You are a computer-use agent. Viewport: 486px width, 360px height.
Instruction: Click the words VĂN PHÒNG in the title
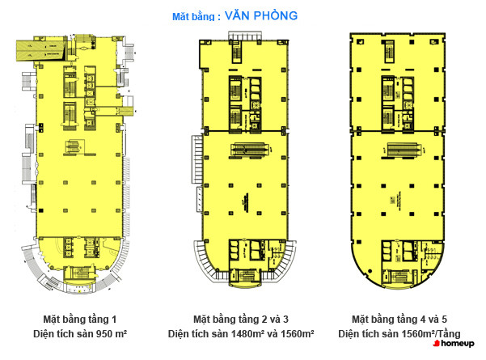[x=261, y=15]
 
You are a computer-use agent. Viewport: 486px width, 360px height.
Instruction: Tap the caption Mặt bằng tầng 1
[x=80, y=319]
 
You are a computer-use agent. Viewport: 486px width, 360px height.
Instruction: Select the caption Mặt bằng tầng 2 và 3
[x=241, y=319]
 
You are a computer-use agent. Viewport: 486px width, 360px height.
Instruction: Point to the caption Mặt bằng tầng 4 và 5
[x=399, y=319]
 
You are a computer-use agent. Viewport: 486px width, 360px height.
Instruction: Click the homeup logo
[x=454, y=343]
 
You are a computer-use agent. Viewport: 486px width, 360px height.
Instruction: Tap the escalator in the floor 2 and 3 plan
[x=250, y=150]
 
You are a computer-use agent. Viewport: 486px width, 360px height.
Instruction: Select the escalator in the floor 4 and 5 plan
[x=402, y=150]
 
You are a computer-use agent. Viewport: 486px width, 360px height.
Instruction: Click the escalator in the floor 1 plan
[x=74, y=146]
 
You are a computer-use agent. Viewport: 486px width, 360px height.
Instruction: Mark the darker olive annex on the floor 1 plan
[x=41, y=50]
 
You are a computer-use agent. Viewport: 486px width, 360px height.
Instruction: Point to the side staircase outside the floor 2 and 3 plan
[x=197, y=160]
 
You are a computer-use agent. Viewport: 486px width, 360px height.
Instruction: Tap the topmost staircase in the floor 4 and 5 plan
[x=390, y=52]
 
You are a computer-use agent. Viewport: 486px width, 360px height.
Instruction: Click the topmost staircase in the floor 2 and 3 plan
[x=237, y=53]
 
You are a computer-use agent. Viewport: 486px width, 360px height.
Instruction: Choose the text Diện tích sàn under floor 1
[x=64, y=333]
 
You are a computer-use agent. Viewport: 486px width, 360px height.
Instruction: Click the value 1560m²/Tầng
[x=431, y=333]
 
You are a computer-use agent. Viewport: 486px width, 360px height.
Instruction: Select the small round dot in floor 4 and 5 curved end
[x=370, y=271]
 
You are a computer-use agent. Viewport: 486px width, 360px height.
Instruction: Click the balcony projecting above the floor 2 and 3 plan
[x=245, y=36]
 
